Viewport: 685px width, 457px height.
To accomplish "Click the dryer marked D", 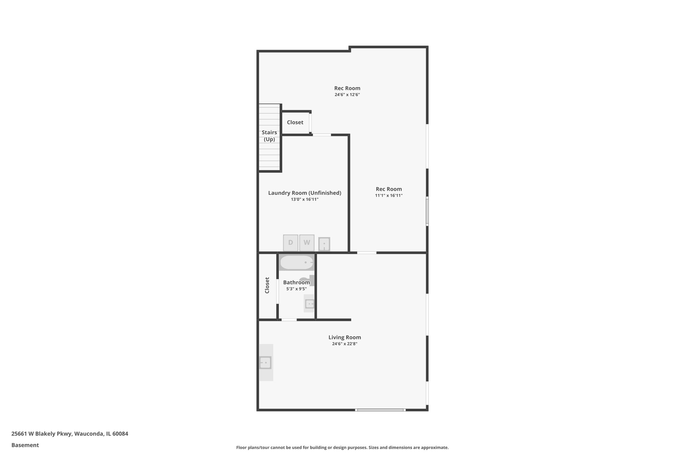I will (x=290, y=243).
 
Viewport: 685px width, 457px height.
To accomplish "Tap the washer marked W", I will (x=307, y=243).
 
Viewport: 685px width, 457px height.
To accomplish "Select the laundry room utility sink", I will (x=324, y=244).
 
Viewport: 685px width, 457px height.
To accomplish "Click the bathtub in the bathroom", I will (x=297, y=262).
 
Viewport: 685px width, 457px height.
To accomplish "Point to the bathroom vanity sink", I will (x=310, y=304).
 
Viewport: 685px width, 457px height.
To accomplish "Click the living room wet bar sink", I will (x=265, y=363).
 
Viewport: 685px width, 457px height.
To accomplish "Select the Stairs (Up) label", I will (x=269, y=136).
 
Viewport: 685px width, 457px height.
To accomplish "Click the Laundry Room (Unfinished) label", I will (x=304, y=193).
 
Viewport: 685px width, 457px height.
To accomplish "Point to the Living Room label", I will (x=345, y=337).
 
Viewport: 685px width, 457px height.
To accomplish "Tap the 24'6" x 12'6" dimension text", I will (x=347, y=95).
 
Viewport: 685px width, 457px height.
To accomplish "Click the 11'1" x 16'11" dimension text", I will (x=389, y=196).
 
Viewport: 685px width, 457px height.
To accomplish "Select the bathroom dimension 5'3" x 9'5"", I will (x=296, y=289).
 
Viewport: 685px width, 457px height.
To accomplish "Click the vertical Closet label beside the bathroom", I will (x=267, y=285).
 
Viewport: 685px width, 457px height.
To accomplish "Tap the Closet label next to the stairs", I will (x=295, y=123).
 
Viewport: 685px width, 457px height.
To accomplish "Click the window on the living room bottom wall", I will (x=380, y=410).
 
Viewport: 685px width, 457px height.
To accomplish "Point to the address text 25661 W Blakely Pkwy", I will (x=70, y=434).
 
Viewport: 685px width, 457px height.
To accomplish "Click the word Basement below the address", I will (x=25, y=445).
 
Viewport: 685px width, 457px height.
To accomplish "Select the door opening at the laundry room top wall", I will (x=322, y=135).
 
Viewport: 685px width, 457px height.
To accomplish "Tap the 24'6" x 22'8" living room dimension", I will (x=345, y=344).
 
